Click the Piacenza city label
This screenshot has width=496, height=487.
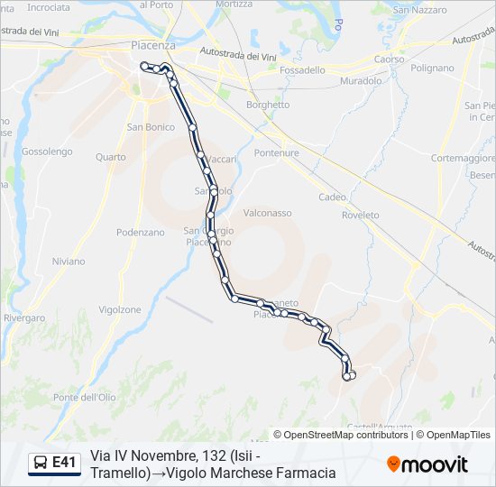(152, 44)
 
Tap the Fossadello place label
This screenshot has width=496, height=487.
(303, 69)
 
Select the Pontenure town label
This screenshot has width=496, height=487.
(276, 152)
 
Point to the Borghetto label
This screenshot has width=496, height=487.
(268, 105)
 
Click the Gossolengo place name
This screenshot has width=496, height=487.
(46, 152)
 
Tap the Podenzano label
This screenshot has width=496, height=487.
(141, 232)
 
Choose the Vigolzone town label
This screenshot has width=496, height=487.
(119, 309)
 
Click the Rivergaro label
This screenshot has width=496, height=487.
(24, 317)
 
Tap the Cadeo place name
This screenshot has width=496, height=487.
(332, 197)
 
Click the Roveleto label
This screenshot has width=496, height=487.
(361, 215)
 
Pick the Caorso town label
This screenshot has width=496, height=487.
(389, 59)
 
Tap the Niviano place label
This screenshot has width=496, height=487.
(68, 261)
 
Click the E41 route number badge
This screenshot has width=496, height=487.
(64, 463)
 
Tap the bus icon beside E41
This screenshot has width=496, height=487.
(41, 463)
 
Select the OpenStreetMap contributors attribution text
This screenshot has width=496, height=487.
(340, 435)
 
